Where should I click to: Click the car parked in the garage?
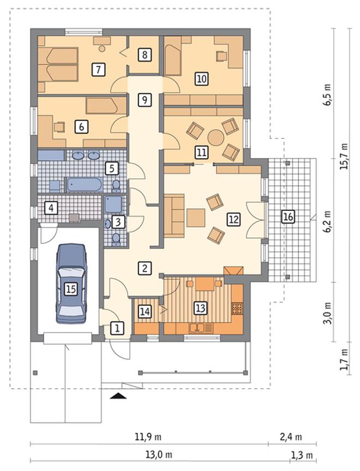tap(70, 283)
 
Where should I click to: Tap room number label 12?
tap(233, 219)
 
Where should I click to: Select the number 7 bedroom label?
tap(98, 69)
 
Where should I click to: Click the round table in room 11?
tap(215, 138)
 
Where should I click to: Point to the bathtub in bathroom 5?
tap(85, 184)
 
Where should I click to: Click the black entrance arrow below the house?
tap(118, 396)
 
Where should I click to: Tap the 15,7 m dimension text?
tap(344, 156)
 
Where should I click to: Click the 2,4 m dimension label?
tap(291, 437)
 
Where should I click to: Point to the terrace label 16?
tap(287, 216)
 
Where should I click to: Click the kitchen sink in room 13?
tap(197, 328)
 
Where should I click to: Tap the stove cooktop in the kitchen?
tap(237, 309)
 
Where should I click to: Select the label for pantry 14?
tap(145, 311)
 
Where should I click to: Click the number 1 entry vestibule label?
tap(117, 328)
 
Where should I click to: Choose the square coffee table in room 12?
tap(196, 218)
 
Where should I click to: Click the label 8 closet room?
tap(145, 55)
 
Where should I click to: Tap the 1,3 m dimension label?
tap(302, 455)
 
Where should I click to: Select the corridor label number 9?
tap(145, 99)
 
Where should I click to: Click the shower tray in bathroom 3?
tap(113, 205)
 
